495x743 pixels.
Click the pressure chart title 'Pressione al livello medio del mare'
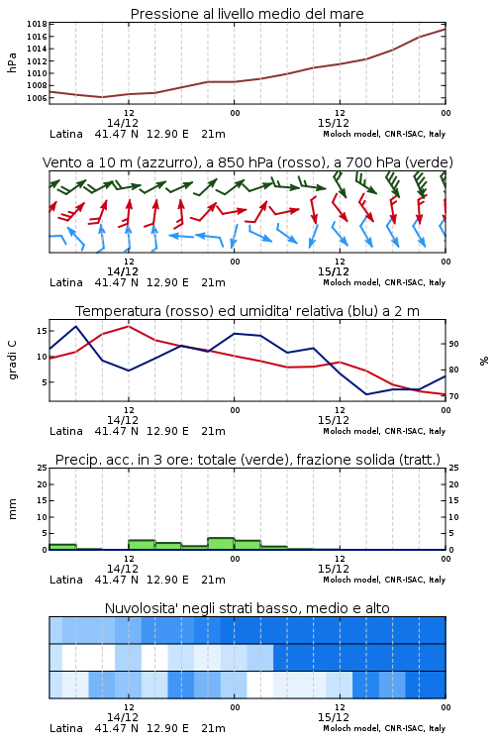click(247, 14)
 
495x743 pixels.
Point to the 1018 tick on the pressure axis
click(37, 24)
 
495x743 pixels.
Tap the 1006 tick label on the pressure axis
click(37, 98)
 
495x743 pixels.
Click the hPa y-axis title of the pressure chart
click(12, 62)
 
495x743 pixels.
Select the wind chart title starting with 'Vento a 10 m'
click(247, 162)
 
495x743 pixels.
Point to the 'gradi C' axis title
click(13, 360)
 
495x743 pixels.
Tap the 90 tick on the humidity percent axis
click(453, 344)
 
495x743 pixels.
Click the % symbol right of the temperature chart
click(484, 361)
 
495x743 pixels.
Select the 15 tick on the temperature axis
click(42, 331)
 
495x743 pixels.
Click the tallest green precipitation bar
click(221, 544)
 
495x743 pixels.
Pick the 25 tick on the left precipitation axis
click(42, 468)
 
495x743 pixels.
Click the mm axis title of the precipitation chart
click(12, 509)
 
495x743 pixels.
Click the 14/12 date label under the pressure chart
click(122, 123)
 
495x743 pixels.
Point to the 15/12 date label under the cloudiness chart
click(333, 717)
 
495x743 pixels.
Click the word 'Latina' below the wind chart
click(66, 282)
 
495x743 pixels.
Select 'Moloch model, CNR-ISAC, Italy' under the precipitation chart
click(384, 580)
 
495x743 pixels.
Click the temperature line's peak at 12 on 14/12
click(129, 326)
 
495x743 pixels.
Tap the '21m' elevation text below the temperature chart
click(213, 431)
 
